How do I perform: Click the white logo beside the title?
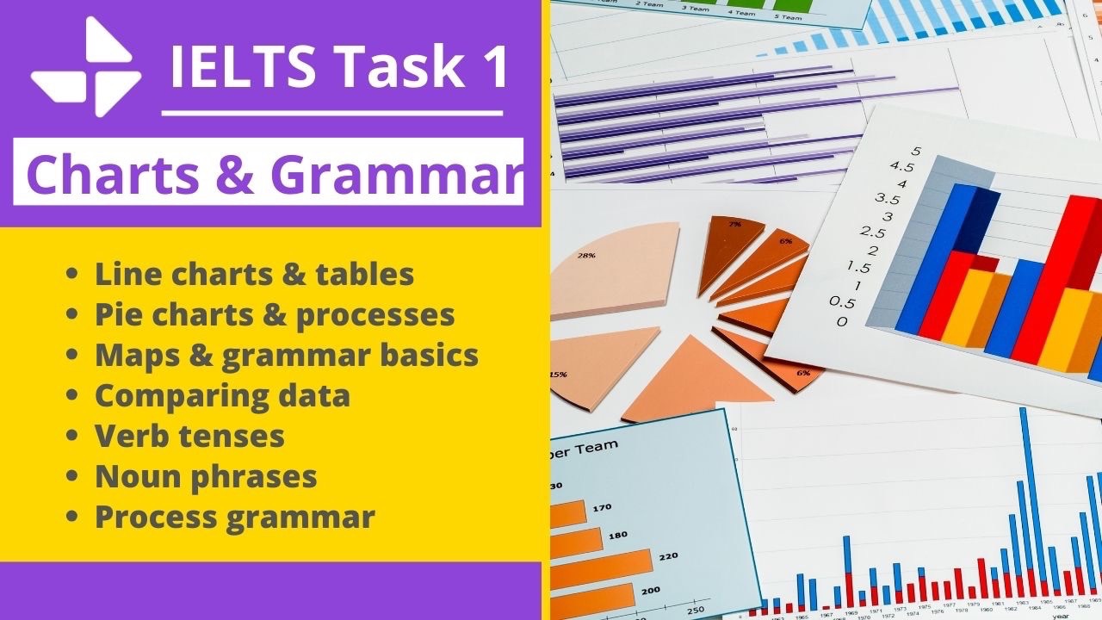(x=85, y=66)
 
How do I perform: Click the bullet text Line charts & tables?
(x=255, y=274)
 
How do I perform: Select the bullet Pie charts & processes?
(x=275, y=314)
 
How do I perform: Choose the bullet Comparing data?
(x=222, y=395)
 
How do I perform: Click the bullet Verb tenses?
(x=189, y=436)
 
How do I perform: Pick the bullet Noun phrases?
(x=206, y=476)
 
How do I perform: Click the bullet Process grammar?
(x=234, y=517)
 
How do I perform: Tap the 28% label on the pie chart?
(x=587, y=256)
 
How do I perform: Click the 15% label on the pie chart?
(x=559, y=375)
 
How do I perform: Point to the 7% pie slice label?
(x=735, y=224)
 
